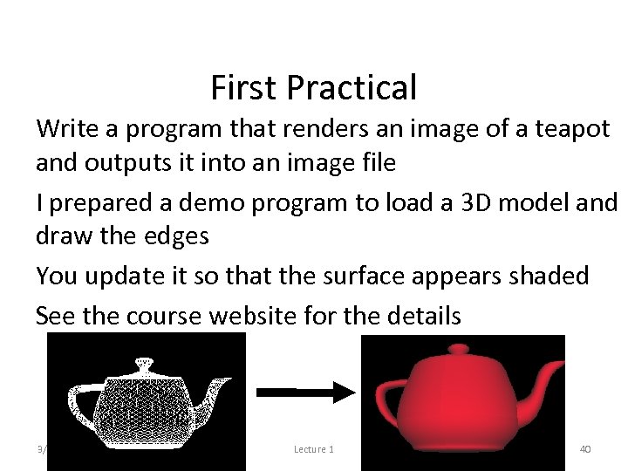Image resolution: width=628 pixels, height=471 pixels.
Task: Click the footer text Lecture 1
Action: coord(313,449)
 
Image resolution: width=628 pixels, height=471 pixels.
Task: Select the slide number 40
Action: coord(586,449)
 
